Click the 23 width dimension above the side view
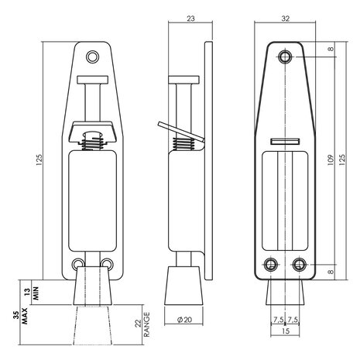click(190, 19)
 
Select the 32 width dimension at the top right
click(286, 19)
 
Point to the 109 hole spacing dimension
click(331, 160)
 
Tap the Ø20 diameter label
click(184, 320)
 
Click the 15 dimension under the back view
click(286, 331)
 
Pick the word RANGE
click(146, 324)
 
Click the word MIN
click(36, 293)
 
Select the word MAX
click(25, 316)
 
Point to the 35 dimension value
click(16, 315)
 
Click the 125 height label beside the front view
click(39, 160)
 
